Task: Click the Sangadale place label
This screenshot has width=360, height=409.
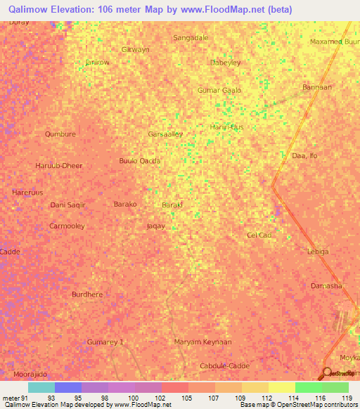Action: (191, 37)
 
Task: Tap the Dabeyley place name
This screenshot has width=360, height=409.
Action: (226, 63)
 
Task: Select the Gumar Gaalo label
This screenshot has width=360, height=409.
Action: (219, 91)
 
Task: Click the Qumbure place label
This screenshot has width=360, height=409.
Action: (60, 134)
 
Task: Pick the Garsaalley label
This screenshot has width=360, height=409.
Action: (165, 134)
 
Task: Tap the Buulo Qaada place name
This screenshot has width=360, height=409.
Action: (140, 160)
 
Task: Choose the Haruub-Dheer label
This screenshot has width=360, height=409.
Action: (59, 166)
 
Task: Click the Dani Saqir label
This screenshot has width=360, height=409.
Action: (67, 204)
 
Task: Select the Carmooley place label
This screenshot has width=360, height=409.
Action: (67, 226)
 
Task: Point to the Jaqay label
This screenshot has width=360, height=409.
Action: (155, 226)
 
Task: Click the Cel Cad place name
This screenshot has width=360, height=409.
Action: (259, 235)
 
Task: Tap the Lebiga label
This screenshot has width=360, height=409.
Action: (318, 251)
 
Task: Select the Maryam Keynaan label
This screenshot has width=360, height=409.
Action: (202, 342)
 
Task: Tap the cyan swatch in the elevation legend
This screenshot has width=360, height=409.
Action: (41, 387)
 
